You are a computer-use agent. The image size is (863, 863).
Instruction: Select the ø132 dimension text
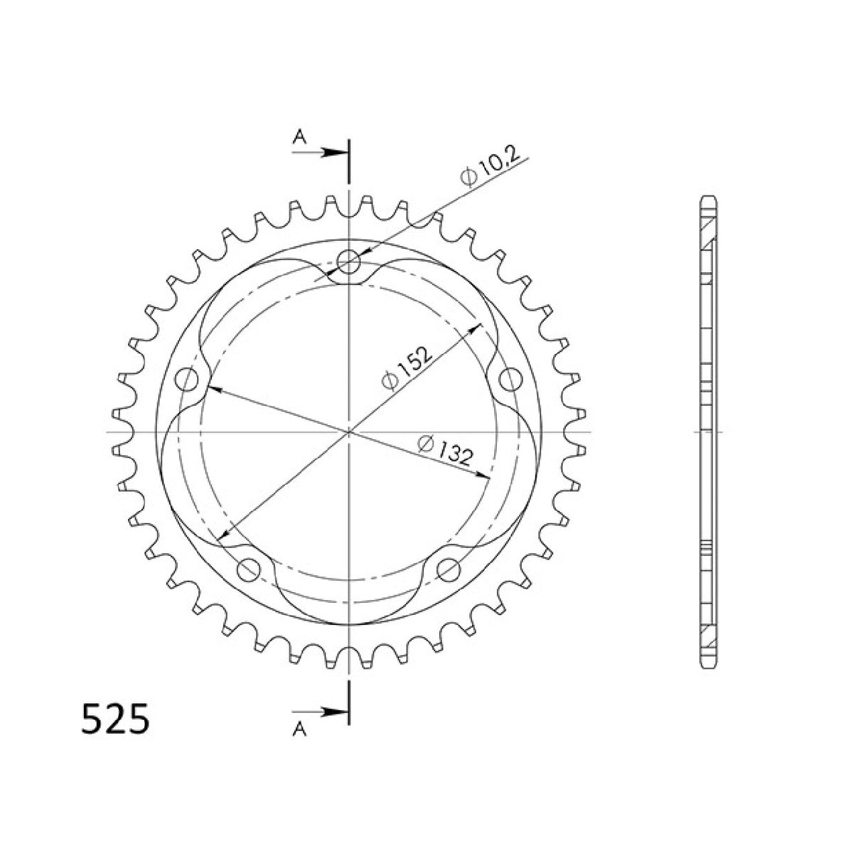[x=445, y=451]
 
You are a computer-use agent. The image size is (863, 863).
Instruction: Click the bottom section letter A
[x=300, y=731]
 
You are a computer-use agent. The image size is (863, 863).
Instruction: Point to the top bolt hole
[x=348, y=261]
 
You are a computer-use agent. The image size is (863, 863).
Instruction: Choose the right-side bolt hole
[x=510, y=379]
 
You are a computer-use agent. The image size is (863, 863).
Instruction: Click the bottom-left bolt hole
[x=248, y=568]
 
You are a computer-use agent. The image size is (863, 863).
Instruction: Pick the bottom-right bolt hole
[x=449, y=568]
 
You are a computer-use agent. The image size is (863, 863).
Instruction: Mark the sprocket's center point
[x=348, y=431]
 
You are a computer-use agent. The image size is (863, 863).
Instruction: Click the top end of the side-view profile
[x=709, y=198]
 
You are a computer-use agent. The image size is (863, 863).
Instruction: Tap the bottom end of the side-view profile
[x=709, y=667]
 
